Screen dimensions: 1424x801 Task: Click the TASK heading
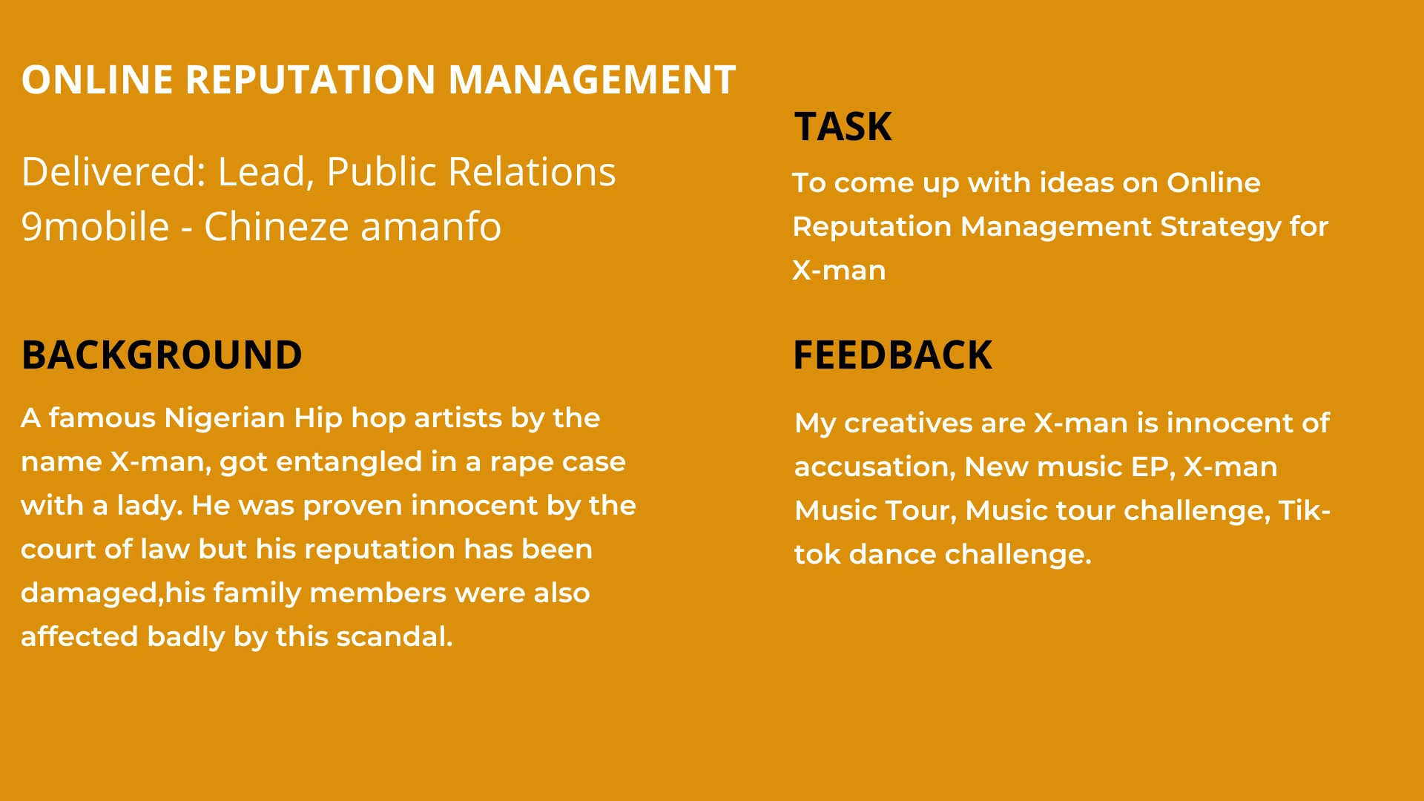[x=843, y=127]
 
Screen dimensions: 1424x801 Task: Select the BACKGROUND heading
[x=162, y=355]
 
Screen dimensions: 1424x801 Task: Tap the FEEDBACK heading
[x=892, y=355]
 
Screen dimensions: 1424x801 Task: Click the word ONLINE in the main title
[x=97, y=80]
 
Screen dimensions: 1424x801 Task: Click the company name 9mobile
[x=95, y=227]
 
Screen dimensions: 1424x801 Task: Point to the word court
[x=58, y=550]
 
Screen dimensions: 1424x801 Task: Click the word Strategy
[x=1220, y=227]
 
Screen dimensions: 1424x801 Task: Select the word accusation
[x=874, y=467]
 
